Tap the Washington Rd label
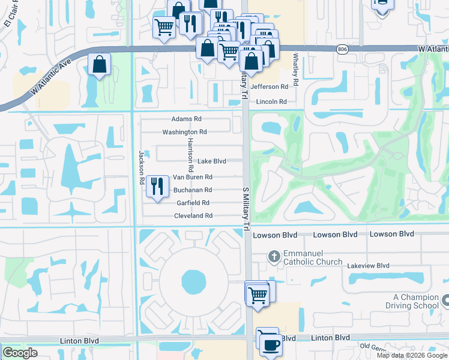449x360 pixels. (184, 132)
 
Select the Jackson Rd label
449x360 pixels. (142, 167)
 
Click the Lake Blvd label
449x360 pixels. (212, 161)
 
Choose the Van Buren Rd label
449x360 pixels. (193, 177)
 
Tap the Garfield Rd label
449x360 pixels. (193, 203)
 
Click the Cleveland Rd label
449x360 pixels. (193, 215)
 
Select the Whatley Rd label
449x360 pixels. (296, 67)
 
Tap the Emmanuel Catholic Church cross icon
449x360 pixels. (274, 257)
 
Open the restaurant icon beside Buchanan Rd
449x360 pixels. (157, 185)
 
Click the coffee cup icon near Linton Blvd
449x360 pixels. (270, 344)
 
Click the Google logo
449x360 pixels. (20, 353)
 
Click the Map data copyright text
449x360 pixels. (411, 355)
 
